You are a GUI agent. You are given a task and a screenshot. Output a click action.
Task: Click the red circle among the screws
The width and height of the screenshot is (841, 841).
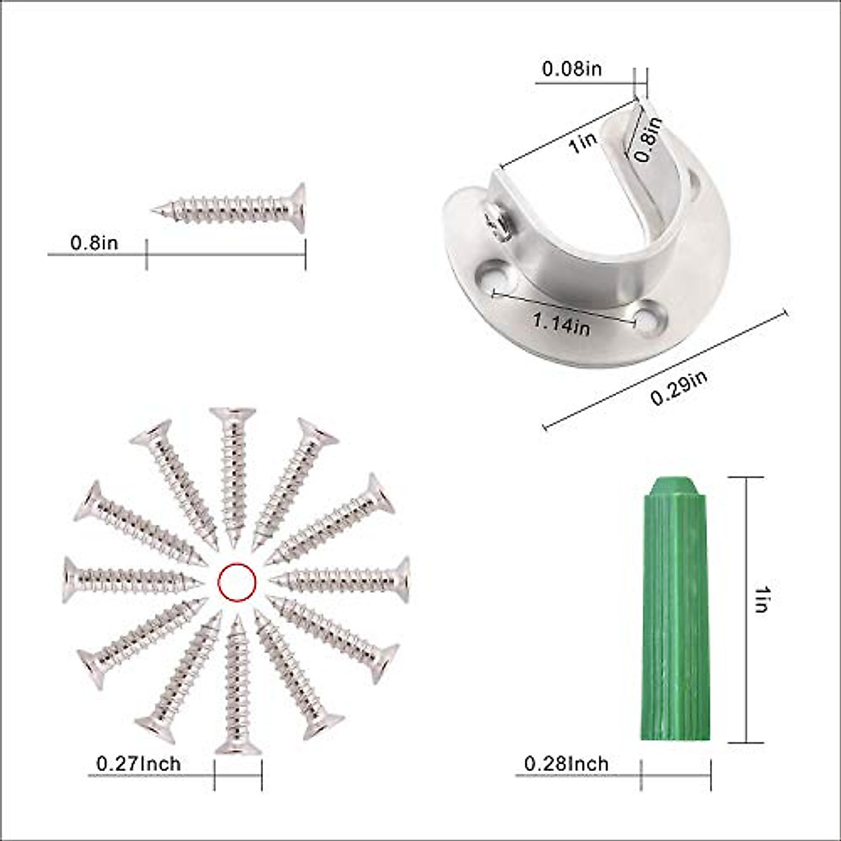coord(237,582)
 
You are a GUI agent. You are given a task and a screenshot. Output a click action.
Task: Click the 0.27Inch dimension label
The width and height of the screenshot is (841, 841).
coord(138,763)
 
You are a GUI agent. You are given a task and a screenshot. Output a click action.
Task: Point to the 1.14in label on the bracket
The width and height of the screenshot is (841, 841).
coord(561,323)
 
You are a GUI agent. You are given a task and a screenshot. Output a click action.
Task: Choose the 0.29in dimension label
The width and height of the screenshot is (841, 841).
coord(678,388)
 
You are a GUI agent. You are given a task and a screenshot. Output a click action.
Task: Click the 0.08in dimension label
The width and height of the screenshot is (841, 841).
coord(572,69)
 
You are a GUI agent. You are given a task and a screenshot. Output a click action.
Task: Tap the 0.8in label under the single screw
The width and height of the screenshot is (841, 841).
coord(94,243)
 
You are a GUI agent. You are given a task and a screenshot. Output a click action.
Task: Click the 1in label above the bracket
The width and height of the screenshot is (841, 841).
coord(582,144)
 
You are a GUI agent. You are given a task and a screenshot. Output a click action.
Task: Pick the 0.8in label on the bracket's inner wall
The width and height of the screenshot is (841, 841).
coord(648,139)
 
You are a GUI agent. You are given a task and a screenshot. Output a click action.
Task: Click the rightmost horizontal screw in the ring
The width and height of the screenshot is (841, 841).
coord(343,579)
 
